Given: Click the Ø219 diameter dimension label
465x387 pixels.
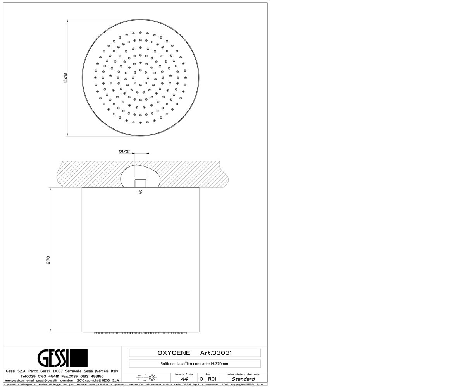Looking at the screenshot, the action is [65, 78].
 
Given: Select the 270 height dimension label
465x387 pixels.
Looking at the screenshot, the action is [48, 260].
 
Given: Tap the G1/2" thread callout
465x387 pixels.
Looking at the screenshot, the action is [124, 151].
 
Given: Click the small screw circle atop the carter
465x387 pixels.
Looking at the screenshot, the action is [140, 192].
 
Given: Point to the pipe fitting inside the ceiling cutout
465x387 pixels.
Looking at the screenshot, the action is [141, 183].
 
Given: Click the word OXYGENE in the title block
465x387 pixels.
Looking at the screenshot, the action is [174, 353].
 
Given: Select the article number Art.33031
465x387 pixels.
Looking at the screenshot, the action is [216, 353].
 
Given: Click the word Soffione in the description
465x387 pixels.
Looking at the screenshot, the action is [167, 364].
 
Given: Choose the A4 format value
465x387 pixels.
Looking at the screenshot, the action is [184, 379].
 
